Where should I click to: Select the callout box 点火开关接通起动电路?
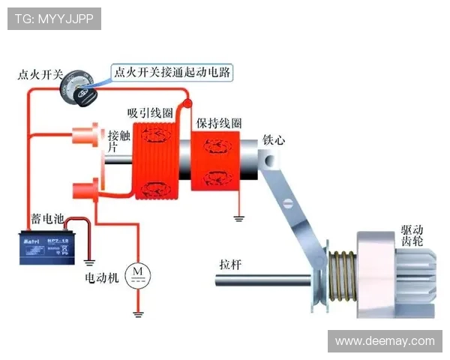tap(171, 73)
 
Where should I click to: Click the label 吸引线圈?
tap(150, 112)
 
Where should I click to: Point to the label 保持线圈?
tap(219, 122)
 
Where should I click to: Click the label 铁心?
tap(274, 140)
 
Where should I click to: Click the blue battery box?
tap(46, 247)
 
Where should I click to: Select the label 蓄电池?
tap(46, 220)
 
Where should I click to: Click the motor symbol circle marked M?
tap(137, 275)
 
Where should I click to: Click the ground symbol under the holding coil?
tap(240, 218)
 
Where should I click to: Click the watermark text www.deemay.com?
tap(384, 341)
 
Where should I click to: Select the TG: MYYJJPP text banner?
tap(54, 19)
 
